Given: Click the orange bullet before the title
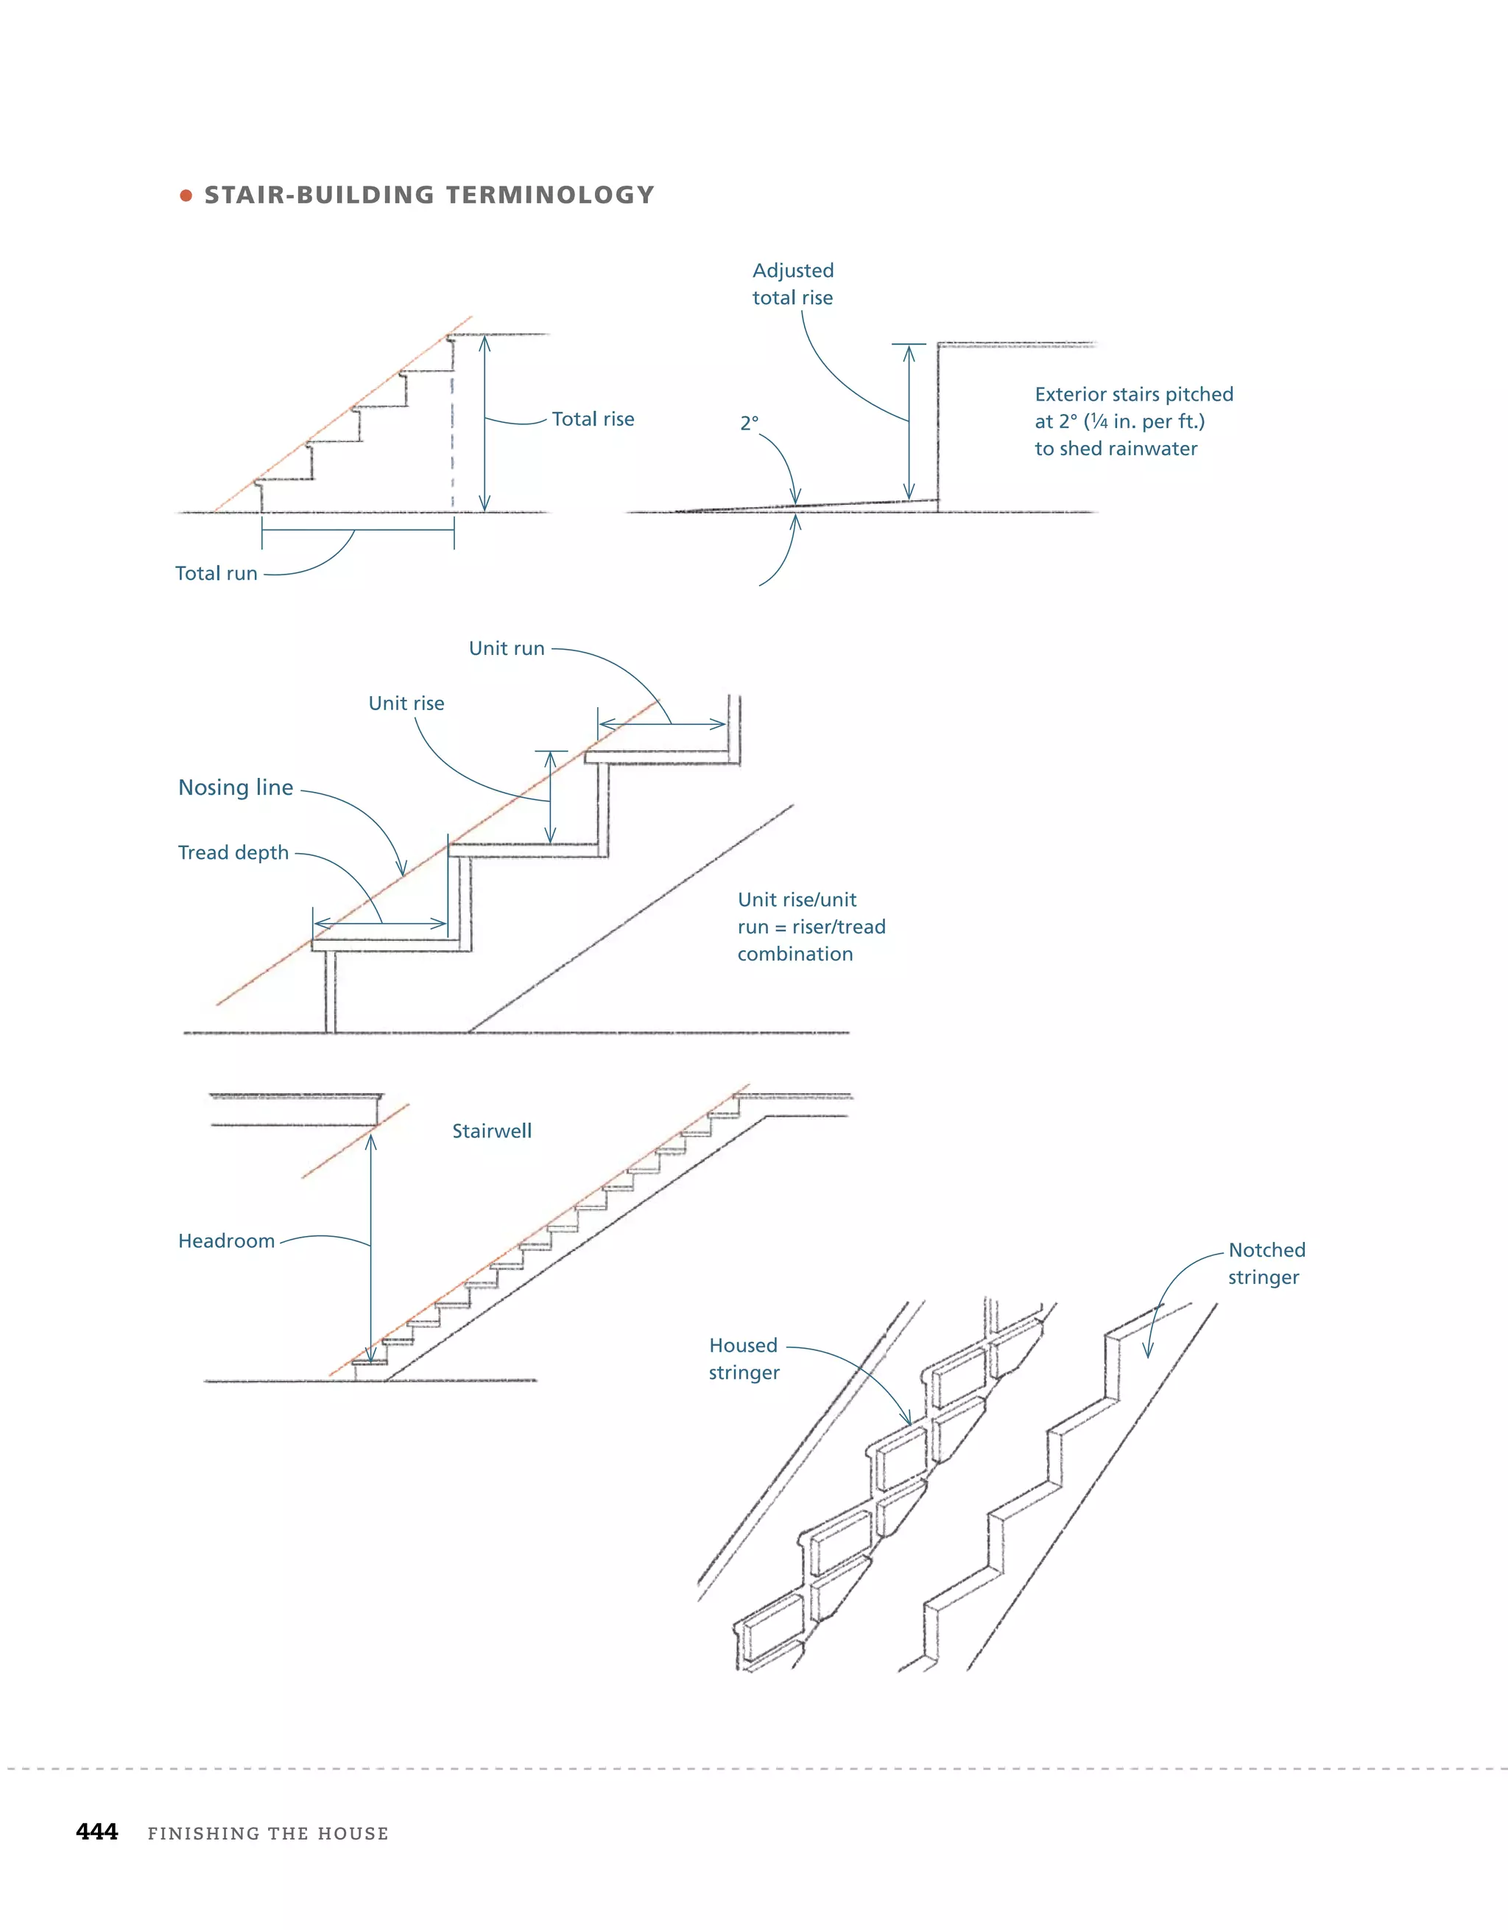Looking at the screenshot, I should (186, 195).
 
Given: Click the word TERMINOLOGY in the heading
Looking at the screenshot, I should (549, 195).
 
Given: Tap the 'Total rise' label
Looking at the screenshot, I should (593, 419).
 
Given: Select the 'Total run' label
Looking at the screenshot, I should (216, 574).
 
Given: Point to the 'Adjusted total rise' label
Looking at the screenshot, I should (792, 284).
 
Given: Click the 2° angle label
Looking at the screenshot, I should (749, 424).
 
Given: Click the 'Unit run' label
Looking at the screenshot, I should (506, 649).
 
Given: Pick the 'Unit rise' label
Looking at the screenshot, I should (406, 703).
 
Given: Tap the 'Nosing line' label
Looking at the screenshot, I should (236, 787).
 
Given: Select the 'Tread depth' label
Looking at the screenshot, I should (233, 853).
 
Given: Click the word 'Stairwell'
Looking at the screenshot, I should (492, 1131).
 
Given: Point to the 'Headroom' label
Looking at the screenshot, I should (226, 1241).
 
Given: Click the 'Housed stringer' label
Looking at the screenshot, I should (744, 1358).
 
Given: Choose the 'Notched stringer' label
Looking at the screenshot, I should (1266, 1263).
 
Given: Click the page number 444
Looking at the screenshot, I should (97, 1832).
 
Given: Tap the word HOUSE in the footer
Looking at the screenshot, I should (353, 1833).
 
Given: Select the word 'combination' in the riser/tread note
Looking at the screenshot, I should (795, 955).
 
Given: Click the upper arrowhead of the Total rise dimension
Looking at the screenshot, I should (484, 341).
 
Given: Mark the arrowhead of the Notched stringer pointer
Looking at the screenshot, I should (1147, 1352).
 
